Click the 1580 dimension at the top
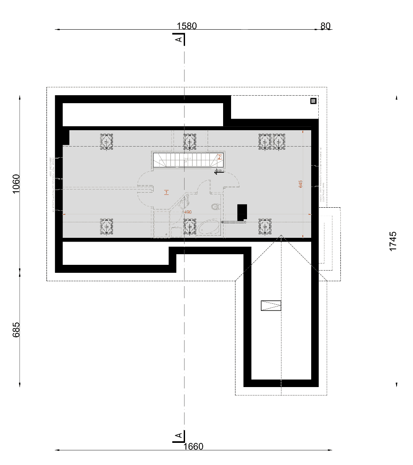tap(186, 26)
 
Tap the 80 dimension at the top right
tap(325, 26)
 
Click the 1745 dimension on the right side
tap(393, 241)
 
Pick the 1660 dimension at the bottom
tap(193, 446)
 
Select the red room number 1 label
tap(166, 192)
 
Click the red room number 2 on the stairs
tap(219, 157)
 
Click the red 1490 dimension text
tap(187, 213)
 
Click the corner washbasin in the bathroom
tap(184, 203)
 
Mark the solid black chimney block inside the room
tap(242, 212)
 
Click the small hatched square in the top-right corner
tap(313, 101)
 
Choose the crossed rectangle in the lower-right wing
tap(271, 305)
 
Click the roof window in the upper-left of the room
tap(106, 142)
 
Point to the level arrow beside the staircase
tap(218, 172)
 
